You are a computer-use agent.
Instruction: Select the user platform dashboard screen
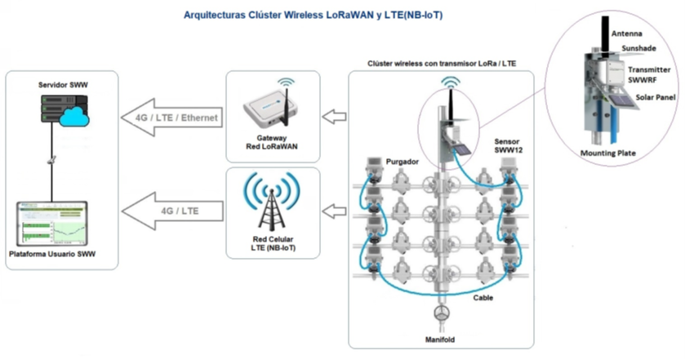click(51, 224)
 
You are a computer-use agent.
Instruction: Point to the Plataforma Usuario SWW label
click(51, 256)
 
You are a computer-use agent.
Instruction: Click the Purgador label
click(403, 161)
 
